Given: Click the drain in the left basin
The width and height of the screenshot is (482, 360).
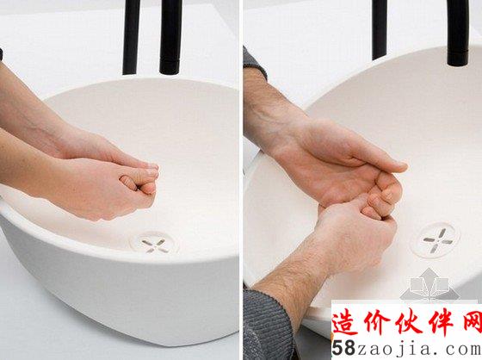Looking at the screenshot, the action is pos(155,244).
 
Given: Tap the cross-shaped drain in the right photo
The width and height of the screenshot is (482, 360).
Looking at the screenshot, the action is pos(436,240).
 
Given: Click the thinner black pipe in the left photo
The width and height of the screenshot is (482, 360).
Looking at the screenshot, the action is pos(131,37).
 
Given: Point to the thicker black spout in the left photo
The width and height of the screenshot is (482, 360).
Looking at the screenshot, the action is pos(170,37).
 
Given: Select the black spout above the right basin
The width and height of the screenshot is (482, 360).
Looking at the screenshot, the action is pos(458,33).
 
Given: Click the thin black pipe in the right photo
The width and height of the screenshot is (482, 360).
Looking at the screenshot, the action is pos(380,29).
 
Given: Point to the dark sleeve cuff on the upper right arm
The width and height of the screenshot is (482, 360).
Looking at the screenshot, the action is pos(253,61).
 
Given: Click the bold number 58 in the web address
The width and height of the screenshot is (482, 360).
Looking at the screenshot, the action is pos(344,348).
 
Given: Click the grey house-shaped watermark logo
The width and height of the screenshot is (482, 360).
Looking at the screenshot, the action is pos(429,284).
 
